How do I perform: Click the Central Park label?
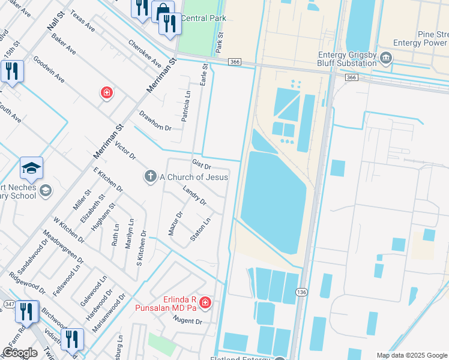click(x=203, y=18)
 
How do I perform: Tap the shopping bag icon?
click(x=163, y=11)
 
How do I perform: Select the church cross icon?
click(x=149, y=176)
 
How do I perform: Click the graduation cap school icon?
click(x=31, y=168)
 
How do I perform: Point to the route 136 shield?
click(x=301, y=291)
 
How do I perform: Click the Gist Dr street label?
click(x=202, y=164)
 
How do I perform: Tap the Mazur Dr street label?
click(x=175, y=223)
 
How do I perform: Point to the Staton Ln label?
click(x=200, y=229)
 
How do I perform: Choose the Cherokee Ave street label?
click(x=145, y=53)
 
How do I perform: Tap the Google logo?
click(x=20, y=353)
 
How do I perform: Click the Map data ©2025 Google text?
click(x=411, y=355)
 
